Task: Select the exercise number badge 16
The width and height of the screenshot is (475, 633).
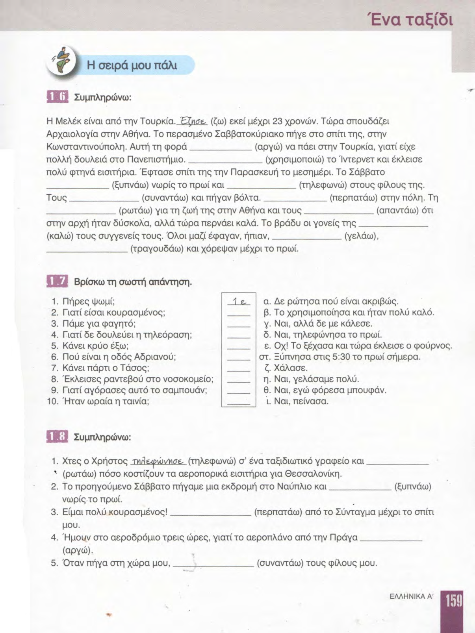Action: [x=58, y=96]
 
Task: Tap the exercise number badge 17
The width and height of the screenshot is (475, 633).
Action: [x=58, y=281]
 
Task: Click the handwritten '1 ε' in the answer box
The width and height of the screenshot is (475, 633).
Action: [x=239, y=302]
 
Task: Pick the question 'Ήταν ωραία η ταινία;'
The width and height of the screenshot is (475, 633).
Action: [x=106, y=402]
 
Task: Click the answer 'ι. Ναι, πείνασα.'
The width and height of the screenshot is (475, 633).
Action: [x=297, y=402]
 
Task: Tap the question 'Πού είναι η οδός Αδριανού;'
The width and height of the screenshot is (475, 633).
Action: [x=119, y=357]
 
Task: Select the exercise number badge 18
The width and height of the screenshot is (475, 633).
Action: [x=58, y=437]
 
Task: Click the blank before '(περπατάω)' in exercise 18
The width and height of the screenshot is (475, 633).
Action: [x=210, y=513]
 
